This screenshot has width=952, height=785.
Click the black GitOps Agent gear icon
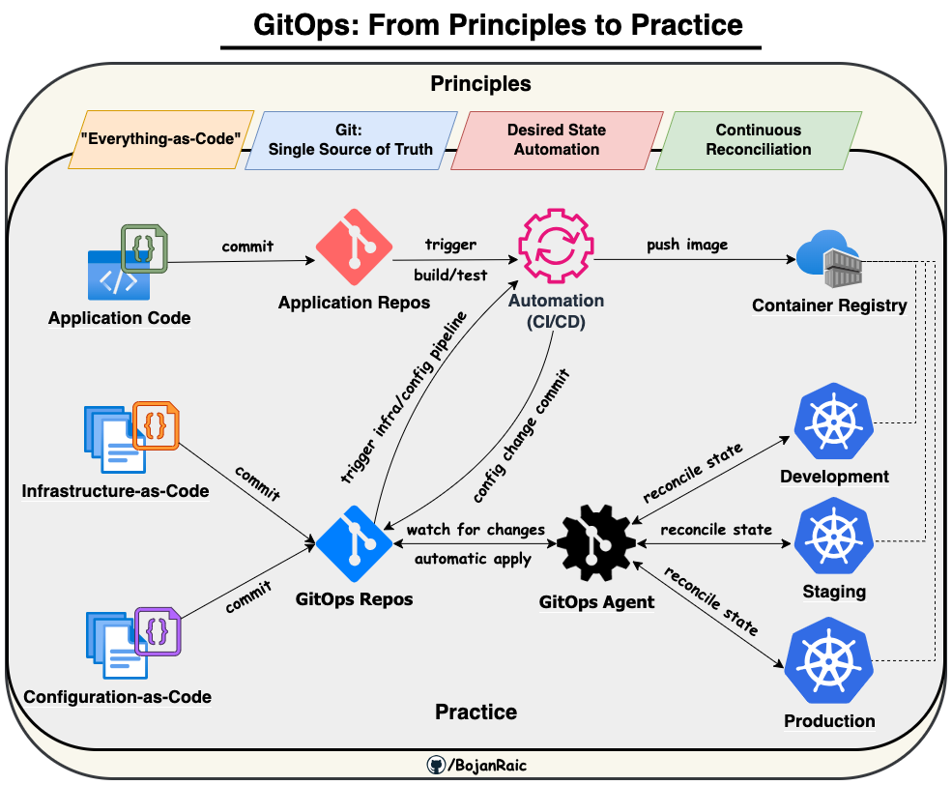coord(597,544)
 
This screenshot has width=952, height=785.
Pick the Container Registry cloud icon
coord(828,261)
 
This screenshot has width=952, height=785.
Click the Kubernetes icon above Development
coord(832,423)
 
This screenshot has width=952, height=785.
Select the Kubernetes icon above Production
coord(829,664)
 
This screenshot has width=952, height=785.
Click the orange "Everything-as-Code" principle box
coord(159,139)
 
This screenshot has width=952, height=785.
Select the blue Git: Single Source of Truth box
coord(350,139)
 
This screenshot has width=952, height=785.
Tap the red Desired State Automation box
coord(557,139)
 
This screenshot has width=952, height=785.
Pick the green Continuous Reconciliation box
coord(759,139)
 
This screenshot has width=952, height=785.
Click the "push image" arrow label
coord(687,245)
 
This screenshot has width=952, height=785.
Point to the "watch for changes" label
coord(476,530)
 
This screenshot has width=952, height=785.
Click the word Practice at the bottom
coord(476,712)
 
